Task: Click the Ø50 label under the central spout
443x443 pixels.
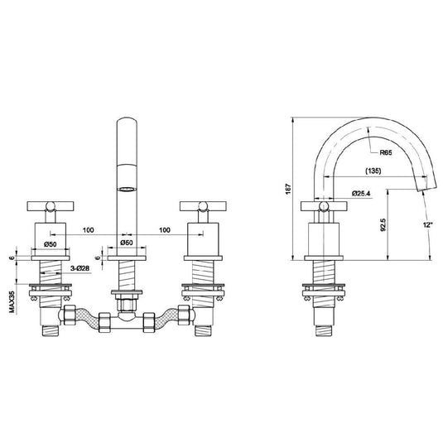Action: coord(126,243)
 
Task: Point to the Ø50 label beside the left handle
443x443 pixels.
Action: coord(50,244)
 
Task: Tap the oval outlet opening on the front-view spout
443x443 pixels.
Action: coord(125,188)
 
